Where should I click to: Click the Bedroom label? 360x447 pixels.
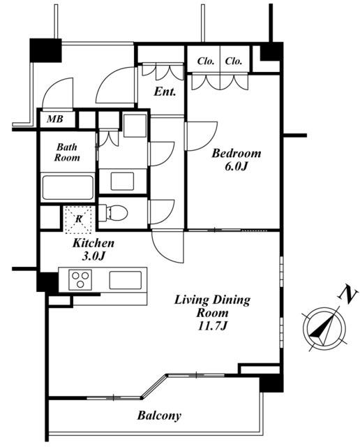[236, 154]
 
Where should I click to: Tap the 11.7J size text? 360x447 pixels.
[213, 325]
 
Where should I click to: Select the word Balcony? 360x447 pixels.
[159, 416]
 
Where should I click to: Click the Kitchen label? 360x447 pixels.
[93, 243]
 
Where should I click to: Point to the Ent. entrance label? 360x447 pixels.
[165, 91]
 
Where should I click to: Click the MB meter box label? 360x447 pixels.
[55, 119]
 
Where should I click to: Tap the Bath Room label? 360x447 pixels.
[67, 152]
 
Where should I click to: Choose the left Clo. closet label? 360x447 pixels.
[206, 61]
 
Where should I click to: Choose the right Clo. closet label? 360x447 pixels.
[234, 61]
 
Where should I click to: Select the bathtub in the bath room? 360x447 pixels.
[68, 188]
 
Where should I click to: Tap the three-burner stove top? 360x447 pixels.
[80, 279]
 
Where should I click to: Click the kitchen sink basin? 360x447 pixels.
[126, 280]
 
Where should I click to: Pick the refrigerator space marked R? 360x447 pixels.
[79, 219]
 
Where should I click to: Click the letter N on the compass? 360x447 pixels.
[347, 295]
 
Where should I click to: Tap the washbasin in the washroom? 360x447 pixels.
[122, 181]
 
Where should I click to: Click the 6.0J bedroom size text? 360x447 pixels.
[236, 166]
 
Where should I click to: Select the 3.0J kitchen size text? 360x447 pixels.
[93, 256]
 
